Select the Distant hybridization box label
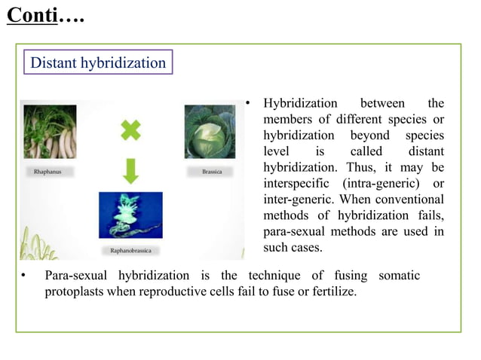tap(97, 63)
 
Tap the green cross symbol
tap(130, 131)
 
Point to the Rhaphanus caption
tap(47, 172)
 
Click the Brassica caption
tap(212, 172)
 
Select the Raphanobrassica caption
tap(130, 249)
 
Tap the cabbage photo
tap(210, 134)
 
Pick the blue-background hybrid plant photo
tap(130, 216)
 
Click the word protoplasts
tap(75, 291)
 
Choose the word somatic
tap(394, 275)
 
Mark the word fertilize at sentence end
tap(330, 291)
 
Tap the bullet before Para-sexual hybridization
tap(23, 276)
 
